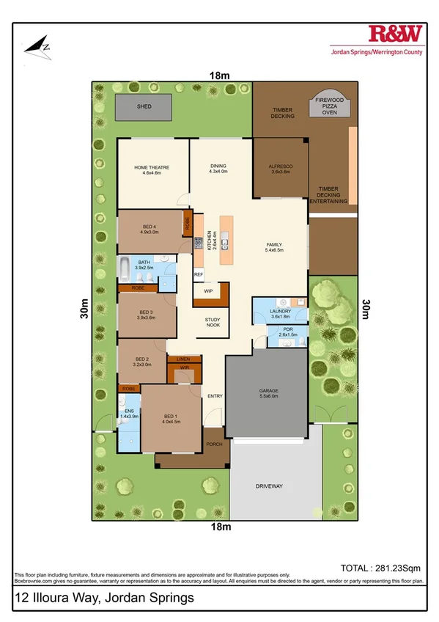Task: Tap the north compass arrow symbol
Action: pyautogui.click(x=37, y=45)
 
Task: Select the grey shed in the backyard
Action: pyautogui.click(x=144, y=107)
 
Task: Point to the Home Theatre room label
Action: pyautogui.click(x=152, y=168)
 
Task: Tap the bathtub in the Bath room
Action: pyautogui.click(x=126, y=269)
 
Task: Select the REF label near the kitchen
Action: pyautogui.click(x=198, y=274)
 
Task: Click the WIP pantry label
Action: pyautogui.click(x=208, y=290)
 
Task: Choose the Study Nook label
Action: pyautogui.click(x=213, y=322)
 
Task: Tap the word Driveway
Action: pyautogui.click(x=269, y=486)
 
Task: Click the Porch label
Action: pyautogui.click(x=214, y=444)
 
